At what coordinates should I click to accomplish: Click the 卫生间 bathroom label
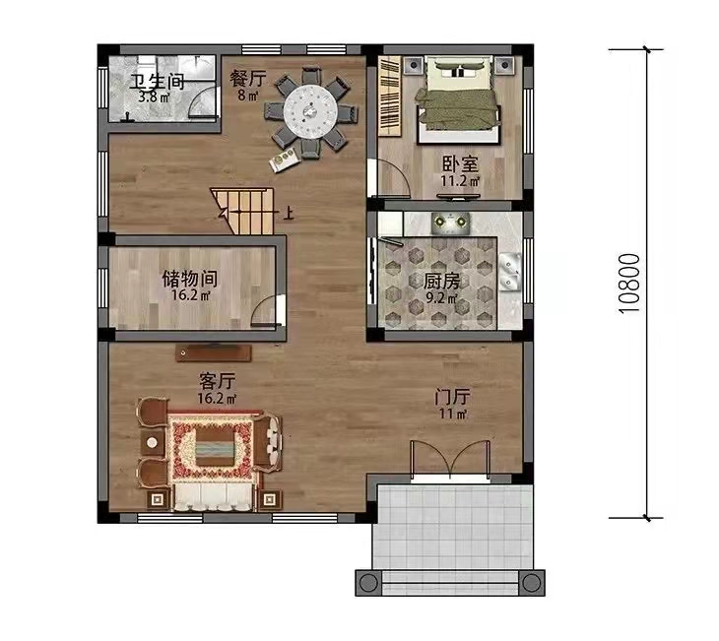coord(158,82)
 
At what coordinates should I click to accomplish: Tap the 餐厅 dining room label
coord(247,79)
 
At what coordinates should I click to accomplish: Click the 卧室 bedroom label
coord(460,164)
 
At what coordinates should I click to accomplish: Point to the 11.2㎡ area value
coord(460,181)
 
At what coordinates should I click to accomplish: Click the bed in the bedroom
coord(457,98)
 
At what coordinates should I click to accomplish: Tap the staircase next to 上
coord(242,211)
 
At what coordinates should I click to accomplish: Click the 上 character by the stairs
coord(289,214)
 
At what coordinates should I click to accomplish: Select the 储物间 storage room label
coord(190,279)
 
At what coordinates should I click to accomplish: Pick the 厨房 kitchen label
coord(441,282)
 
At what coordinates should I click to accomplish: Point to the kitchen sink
coord(510,272)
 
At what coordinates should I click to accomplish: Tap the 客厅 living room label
coord(218,381)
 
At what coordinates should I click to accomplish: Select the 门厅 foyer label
coord(453,397)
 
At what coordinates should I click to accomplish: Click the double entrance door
coord(450,459)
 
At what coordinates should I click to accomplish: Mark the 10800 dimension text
coord(629,284)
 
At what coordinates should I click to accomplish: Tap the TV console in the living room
coord(213,353)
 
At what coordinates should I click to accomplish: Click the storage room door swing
coord(267,311)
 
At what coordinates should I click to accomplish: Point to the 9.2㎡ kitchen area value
coord(441,298)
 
